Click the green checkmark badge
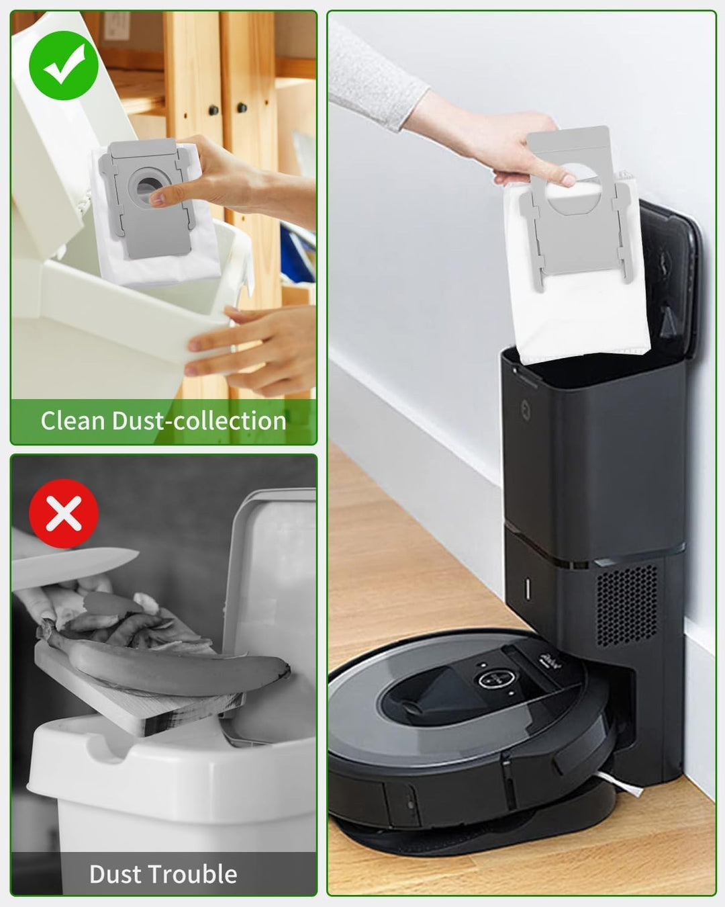(x=64, y=65)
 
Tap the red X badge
(x=64, y=514)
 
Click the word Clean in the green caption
(x=73, y=421)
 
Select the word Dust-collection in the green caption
(x=199, y=421)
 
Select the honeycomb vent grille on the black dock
(x=627, y=605)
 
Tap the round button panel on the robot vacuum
(x=493, y=679)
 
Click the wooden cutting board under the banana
(x=134, y=699)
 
